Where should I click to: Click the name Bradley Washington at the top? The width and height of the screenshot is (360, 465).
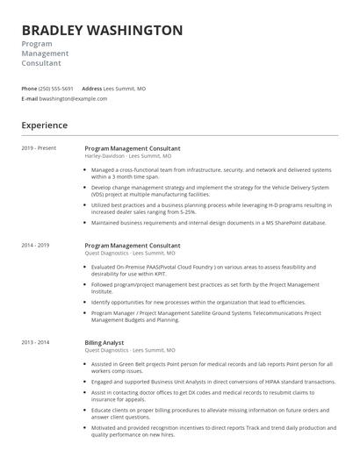coord(102,30)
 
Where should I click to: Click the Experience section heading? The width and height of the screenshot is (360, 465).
coord(45,125)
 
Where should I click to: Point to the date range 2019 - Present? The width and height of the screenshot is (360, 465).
coord(39,148)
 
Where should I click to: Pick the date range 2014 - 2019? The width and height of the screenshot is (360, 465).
coord(35,246)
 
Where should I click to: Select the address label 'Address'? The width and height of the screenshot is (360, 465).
coord(91,89)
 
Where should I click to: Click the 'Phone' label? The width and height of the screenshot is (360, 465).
coord(29,89)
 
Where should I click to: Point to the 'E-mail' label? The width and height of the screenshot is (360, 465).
coord(29,98)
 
